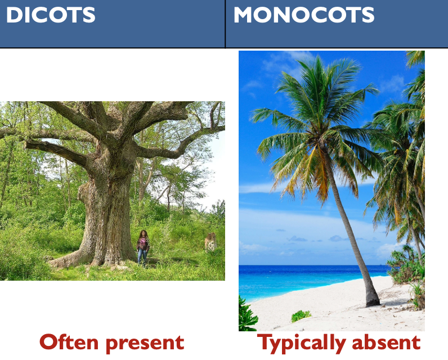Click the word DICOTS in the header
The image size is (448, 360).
pos(51,15)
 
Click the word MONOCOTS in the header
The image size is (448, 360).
pos(304,15)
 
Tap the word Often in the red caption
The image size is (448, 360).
pos(71,342)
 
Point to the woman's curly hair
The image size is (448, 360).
pos(143,234)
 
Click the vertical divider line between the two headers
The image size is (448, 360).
pos(225,24)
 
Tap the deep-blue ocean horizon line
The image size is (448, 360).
pos(315,267)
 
